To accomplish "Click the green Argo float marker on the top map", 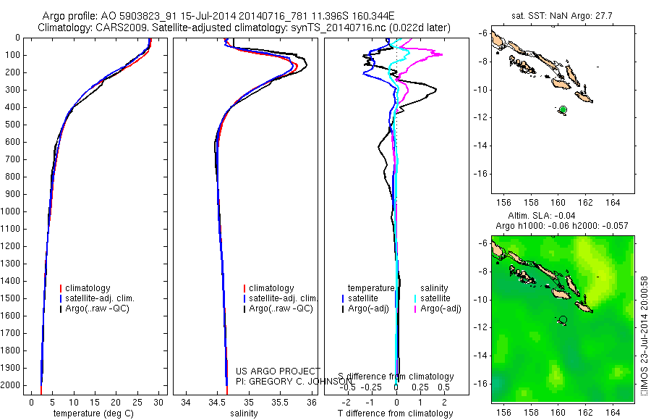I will [563, 109].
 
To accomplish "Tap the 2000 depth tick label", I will [12, 385].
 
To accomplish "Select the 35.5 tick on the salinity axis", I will [281, 402].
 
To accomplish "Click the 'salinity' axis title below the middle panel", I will [243, 413].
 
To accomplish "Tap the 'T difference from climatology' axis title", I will [396, 413].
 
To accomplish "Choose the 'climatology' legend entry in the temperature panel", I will [88, 288].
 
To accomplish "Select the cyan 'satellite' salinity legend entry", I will [435, 298].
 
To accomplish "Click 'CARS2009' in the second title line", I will [110, 28].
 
